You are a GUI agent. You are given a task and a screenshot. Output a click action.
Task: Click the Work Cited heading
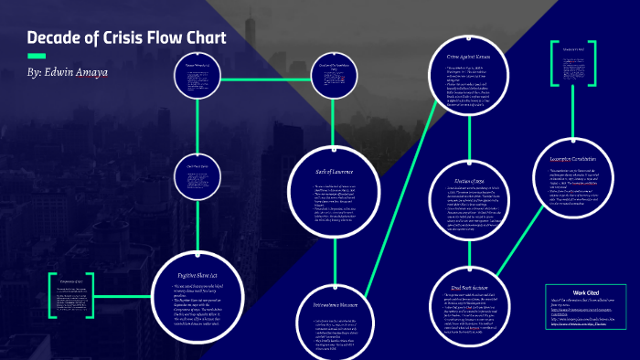point(585,293)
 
